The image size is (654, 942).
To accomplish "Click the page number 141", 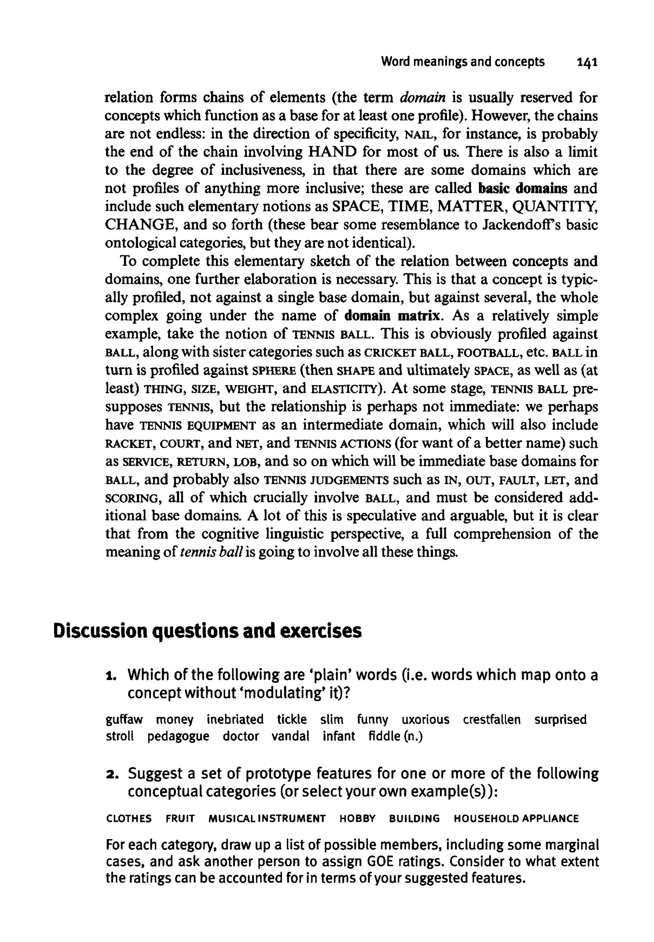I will point(587,62).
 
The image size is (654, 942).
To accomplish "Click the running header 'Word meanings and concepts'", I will point(463,62).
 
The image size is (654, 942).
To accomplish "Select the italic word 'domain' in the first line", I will point(422,98).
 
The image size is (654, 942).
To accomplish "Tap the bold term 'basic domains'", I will point(523,188).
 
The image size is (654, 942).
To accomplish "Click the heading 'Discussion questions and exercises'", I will point(207,631).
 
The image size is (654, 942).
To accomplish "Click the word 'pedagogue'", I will point(178,737).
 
